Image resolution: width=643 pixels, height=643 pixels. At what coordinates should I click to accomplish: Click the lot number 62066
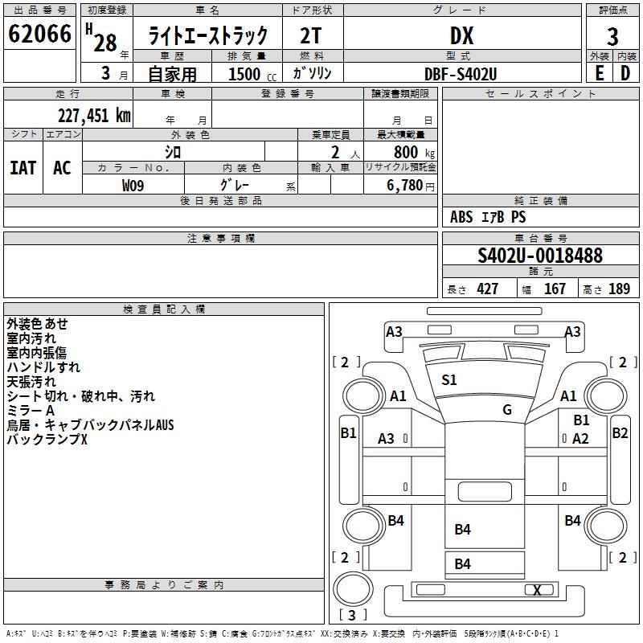click(39, 34)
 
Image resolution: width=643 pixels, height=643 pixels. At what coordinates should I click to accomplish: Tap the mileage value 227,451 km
click(94, 116)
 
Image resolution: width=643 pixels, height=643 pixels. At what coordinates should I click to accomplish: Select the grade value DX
click(461, 35)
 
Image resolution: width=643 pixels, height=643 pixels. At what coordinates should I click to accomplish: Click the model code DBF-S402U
click(461, 74)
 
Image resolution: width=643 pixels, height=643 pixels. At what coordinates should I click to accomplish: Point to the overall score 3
click(612, 37)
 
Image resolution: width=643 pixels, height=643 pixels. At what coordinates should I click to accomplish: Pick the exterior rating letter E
click(600, 73)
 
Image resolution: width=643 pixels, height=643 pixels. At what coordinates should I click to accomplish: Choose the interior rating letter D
click(625, 73)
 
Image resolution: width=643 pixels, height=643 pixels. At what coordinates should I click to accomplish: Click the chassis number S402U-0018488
click(540, 256)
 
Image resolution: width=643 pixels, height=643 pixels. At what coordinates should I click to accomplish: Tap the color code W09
click(133, 186)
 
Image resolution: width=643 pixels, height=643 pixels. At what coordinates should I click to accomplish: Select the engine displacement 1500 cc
click(252, 74)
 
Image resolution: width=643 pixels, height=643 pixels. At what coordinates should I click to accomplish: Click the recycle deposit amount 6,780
click(405, 186)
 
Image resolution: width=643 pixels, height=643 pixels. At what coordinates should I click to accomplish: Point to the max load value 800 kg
click(414, 152)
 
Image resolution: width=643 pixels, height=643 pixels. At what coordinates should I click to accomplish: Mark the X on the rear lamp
click(537, 590)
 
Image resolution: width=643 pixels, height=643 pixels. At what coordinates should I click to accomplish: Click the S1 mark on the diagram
click(449, 380)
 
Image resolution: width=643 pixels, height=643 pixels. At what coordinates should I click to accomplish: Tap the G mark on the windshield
click(507, 409)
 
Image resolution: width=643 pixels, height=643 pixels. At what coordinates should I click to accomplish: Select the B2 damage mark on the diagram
click(620, 433)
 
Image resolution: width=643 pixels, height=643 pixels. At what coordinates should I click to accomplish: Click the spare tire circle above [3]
click(353, 588)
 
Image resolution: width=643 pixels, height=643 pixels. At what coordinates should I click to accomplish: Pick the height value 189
click(619, 289)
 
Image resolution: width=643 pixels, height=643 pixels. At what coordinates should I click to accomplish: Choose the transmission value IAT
click(23, 168)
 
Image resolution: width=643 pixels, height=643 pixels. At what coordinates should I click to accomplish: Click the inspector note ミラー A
click(31, 411)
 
